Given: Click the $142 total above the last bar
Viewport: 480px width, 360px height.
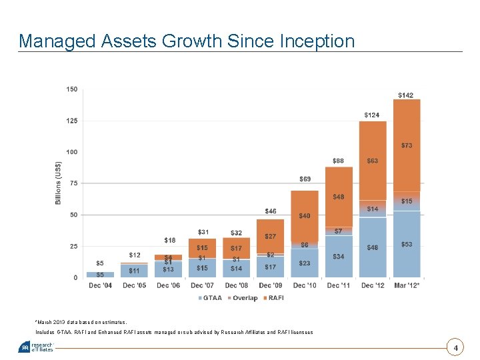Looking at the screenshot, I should tap(405, 95).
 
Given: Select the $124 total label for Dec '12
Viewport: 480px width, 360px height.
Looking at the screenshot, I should tap(372, 115).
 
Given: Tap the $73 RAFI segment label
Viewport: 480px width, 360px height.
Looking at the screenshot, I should tap(406, 145).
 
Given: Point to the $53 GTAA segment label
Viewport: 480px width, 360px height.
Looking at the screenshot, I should tap(406, 245).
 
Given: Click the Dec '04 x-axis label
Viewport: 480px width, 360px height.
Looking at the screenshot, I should tap(100, 285).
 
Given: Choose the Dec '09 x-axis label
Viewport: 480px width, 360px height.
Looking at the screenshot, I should tap(270, 285).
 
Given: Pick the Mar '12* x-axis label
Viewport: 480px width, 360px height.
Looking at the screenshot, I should tap(406, 285).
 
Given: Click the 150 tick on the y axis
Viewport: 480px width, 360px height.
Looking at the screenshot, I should tap(72, 89).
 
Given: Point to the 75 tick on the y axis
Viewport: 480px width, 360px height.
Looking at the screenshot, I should tap(73, 183).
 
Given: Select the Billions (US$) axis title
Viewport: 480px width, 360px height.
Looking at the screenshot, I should tap(59, 183).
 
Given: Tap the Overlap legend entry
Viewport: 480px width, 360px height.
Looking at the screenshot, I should tap(244, 297).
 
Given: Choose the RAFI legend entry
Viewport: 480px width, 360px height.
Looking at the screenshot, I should tap(275, 297).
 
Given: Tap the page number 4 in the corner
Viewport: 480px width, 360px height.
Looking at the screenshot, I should tap(456, 348).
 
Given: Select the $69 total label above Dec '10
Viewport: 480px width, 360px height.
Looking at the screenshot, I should tap(305, 179).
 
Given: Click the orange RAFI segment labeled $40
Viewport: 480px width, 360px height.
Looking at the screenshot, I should tap(304, 215).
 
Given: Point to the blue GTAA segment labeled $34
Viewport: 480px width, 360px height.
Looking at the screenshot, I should tap(339, 257).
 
